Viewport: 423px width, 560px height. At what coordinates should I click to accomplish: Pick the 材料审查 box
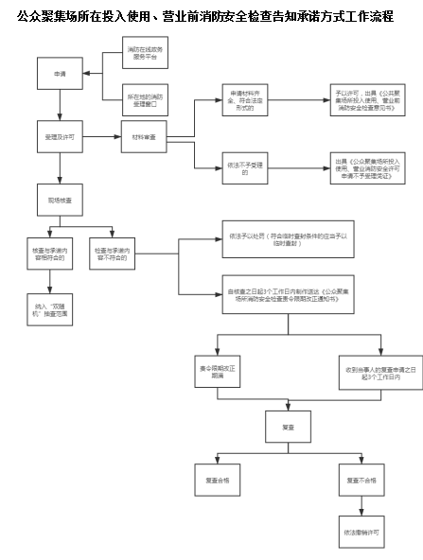(144, 137)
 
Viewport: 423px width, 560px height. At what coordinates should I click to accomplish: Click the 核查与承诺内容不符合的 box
(119, 254)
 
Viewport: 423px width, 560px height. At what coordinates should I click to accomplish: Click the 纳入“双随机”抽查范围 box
(54, 308)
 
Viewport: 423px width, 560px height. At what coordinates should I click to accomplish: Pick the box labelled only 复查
(288, 428)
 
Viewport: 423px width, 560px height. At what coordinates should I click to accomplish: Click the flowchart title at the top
(211, 15)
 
